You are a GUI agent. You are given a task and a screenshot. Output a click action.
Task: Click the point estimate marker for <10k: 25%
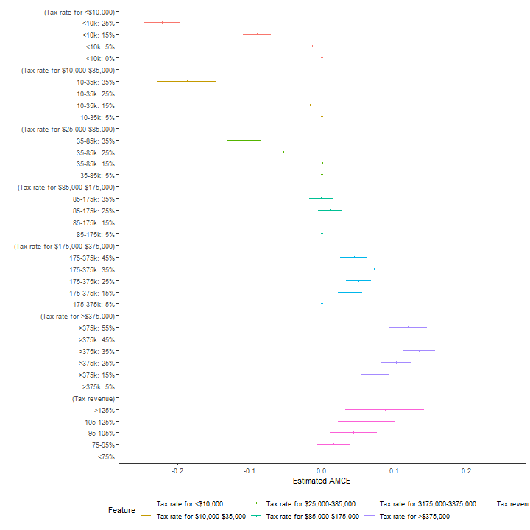(162, 22)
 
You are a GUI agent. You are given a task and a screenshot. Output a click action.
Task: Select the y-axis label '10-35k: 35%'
(95, 82)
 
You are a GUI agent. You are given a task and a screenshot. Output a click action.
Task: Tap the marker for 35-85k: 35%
(244, 140)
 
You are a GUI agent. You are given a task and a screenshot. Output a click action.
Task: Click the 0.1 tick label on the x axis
(394, 470)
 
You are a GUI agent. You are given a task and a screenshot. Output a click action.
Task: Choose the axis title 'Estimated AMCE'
(322, 481)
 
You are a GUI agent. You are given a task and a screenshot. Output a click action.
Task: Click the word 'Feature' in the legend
(121, 510)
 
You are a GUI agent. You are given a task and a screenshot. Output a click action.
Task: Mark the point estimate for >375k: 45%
(428, 339)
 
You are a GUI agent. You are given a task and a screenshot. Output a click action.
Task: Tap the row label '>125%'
(105, 410)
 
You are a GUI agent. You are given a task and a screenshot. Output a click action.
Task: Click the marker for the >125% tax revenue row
(385, 409)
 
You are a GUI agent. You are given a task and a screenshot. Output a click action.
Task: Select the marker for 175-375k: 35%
(374, 269)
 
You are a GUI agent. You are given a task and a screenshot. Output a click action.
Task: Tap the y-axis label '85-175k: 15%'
(93, 222)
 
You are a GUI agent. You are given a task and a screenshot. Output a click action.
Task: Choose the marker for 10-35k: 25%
(261, 93)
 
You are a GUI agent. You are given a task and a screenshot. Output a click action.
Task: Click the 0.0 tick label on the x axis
(322, 470)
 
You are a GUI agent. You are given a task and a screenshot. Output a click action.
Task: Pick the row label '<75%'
(106, 456)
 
